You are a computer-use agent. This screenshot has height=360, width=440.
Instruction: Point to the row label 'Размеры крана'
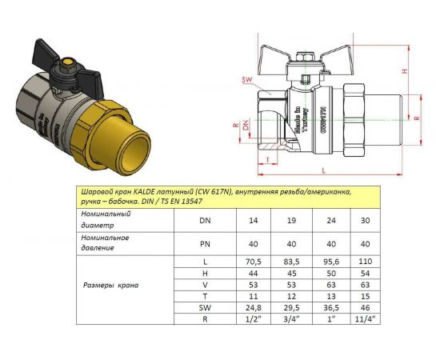point(113,286)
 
